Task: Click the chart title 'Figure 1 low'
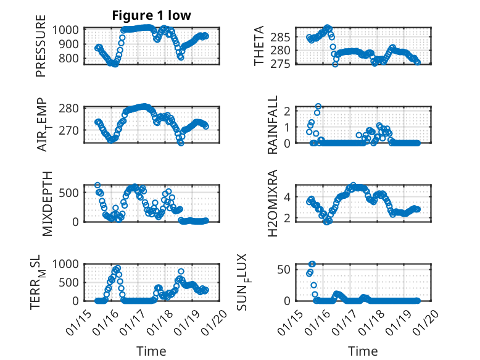pyautogui.click(x=151, y=15)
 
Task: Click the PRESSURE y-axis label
pyautogui.click(x=41, y=49)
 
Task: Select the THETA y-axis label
pyautogui.click(x=260, y=46)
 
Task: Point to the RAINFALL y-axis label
pyautogui.click(x=272, y=125)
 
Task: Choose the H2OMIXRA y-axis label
pyautogui.click(x=272, y=203)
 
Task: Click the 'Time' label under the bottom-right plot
pyautogui.click(x=363, y=351)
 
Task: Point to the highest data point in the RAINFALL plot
pyautogui.click(x=318, y=106)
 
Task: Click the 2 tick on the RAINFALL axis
pyautogui.click(x=286, y=111)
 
